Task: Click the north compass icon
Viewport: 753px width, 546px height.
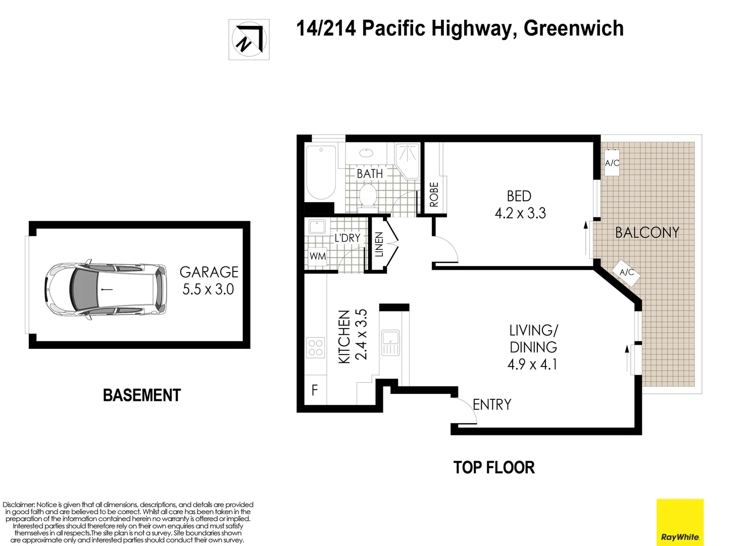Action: tap(248, 39)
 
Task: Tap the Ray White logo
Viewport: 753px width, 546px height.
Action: tap(679, 522)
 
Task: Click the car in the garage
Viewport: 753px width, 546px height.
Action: tap(106, 290)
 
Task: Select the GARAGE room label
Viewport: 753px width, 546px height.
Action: tap(209, 272)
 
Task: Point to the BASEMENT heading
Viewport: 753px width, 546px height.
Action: tap(141, 395)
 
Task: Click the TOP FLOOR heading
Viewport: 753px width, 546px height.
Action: tap(493, 467)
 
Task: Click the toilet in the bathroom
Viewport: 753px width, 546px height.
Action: tap(367, 196)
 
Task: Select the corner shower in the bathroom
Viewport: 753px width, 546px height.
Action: tap(408, 160)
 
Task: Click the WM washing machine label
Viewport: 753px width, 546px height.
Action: tap(317, 256)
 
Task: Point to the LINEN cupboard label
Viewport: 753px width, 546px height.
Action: tap(379, 244)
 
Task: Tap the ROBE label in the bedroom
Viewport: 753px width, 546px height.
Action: tap(434, 194)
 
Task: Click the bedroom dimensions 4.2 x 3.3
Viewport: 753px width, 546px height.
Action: tap(520, 213)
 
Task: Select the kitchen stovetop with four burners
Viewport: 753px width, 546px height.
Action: tap(316, 348)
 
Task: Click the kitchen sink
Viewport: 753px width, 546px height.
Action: tap(390, 343)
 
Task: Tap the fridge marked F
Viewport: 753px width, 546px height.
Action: tap(315, 390)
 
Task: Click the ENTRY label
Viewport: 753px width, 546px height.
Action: tap(492, 404)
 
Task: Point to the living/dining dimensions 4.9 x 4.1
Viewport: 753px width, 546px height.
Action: tap(532, 364)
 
